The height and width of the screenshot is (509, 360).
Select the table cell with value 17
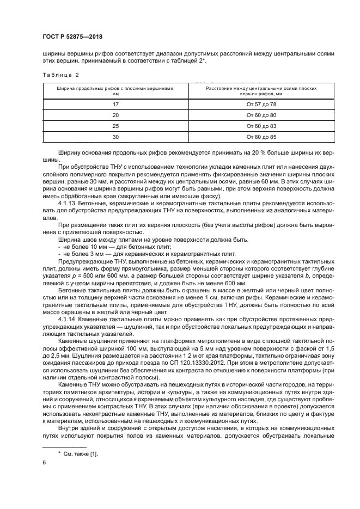(115, 104)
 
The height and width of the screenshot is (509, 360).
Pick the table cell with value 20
(115, 115)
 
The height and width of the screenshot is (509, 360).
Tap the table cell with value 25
(115, 126)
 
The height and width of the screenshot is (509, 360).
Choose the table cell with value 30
(115, 137)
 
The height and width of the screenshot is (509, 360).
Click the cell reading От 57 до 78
(261, 104)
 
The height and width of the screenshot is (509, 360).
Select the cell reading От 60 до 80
(261, 115)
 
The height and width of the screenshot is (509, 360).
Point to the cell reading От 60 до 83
(261, 126)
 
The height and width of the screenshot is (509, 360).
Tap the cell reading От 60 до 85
(261, 137)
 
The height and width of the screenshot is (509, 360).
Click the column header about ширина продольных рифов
(115, 90)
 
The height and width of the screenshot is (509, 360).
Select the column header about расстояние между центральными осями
(261, 90)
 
